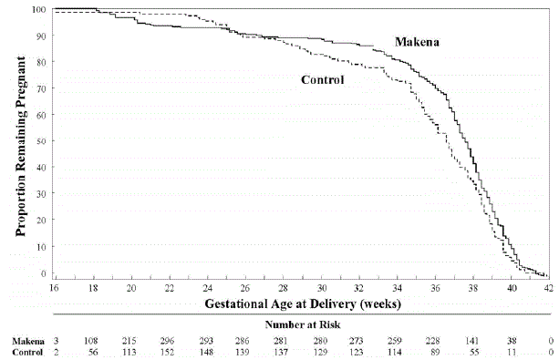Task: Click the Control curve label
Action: (322, 80)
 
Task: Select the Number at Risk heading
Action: (301, 323)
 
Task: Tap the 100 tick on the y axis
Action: (39, 10)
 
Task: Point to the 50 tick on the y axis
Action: (42, 141)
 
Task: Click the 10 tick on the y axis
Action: (42, 246)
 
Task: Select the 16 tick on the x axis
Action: (56, 286)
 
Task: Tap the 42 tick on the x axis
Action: (546, 286)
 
